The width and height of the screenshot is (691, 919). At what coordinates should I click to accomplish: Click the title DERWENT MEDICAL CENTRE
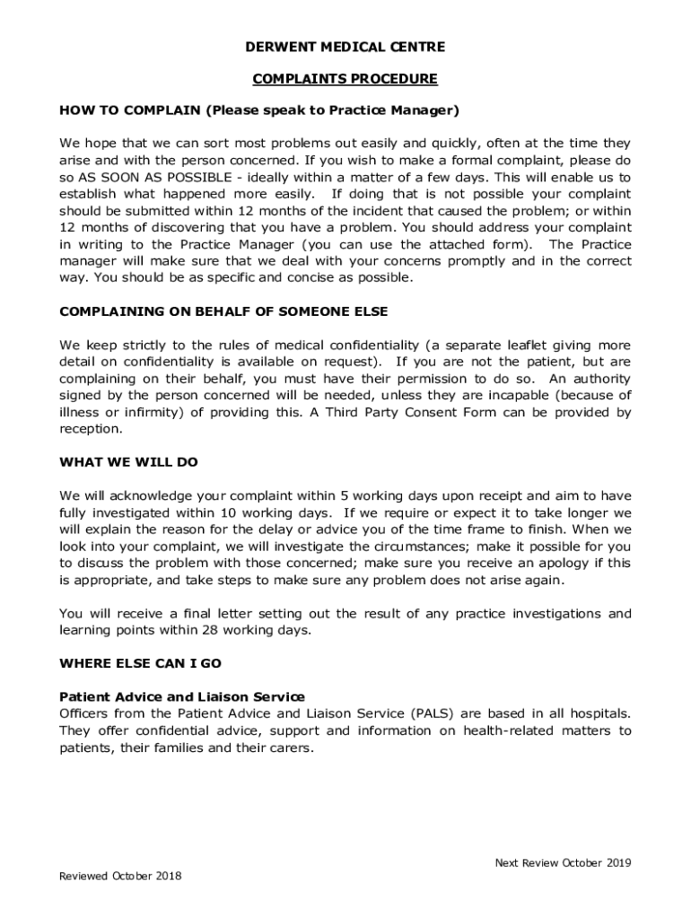(x=345, y=47)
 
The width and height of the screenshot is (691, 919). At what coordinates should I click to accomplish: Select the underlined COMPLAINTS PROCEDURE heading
(x=345, y=79)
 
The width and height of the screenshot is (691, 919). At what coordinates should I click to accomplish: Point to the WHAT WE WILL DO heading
(x=128, y=462)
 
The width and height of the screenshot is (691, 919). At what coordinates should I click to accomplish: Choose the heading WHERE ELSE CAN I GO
(x=140, y=664)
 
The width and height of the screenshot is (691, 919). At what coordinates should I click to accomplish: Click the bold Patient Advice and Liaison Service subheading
(x=182, y=696)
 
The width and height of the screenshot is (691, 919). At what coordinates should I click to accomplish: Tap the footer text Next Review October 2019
(x=563, y=863)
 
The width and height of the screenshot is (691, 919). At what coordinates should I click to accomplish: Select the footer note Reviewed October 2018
(x=120, y=876)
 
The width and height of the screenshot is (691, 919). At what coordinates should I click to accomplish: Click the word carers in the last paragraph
(x=290, y=748)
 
